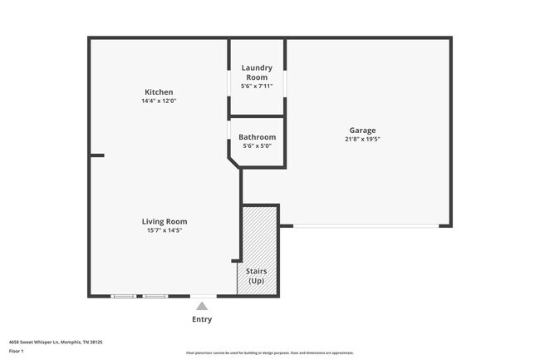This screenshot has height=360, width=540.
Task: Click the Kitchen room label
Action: coord(159,91)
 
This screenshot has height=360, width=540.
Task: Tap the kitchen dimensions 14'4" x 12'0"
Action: coord(159,101)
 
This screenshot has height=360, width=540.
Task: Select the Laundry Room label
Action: coord(257,72)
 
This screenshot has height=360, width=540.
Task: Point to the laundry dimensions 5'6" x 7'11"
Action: coord(257,86)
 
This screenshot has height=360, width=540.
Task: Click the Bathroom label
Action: coord(257,137)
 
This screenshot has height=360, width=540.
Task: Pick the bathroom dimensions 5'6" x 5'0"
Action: coord(257,146)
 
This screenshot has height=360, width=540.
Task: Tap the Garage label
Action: coord(362,131)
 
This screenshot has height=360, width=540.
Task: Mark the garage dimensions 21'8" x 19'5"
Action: coord(362,140)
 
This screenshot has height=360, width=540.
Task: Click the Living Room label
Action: coord(164,221)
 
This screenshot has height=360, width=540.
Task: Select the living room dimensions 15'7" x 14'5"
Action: coord(164,230)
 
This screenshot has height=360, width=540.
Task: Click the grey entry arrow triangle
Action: coord(202,306)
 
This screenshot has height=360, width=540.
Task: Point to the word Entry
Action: coord(202,319)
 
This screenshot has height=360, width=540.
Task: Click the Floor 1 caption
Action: coord(17,352)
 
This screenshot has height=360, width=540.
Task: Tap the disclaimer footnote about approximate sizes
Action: coord(269,353)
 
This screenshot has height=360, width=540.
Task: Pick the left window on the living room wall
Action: coord(124,296)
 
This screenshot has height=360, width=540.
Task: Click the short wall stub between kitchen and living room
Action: coord(97,155)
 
